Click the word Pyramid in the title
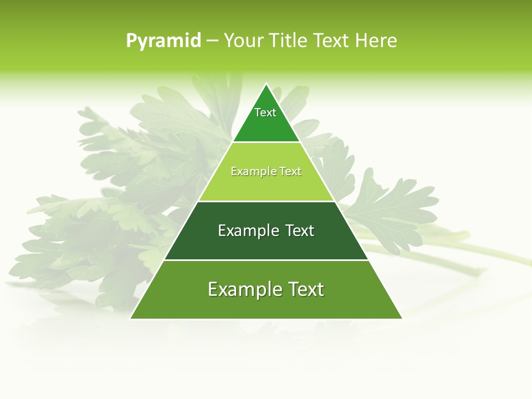(x=163, y=41)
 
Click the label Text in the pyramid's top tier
(x=265, y=113)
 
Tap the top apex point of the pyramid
(x=267, y=84)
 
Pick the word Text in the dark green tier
(x=300, y=231)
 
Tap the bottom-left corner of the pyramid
(x=131, y=318)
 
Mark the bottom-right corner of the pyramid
(x=402, y=318)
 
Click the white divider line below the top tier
(x=267, y=142)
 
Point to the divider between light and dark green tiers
(x=267, y=201)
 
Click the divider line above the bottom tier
(x=267, y=260)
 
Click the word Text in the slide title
(x=331, y=41)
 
